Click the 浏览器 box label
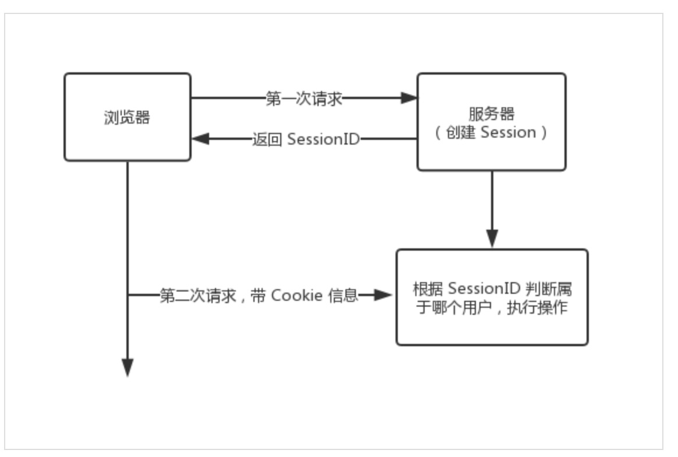[126, 118]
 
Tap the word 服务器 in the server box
[491, 114]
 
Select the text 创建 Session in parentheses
[490, 132]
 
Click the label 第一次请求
[303, 99]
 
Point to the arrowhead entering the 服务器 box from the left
[409, 99]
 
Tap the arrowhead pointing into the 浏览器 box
[200, 139]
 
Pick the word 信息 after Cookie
[342, 296]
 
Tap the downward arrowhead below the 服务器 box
[492, 238]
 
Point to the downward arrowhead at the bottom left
[127, 367]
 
